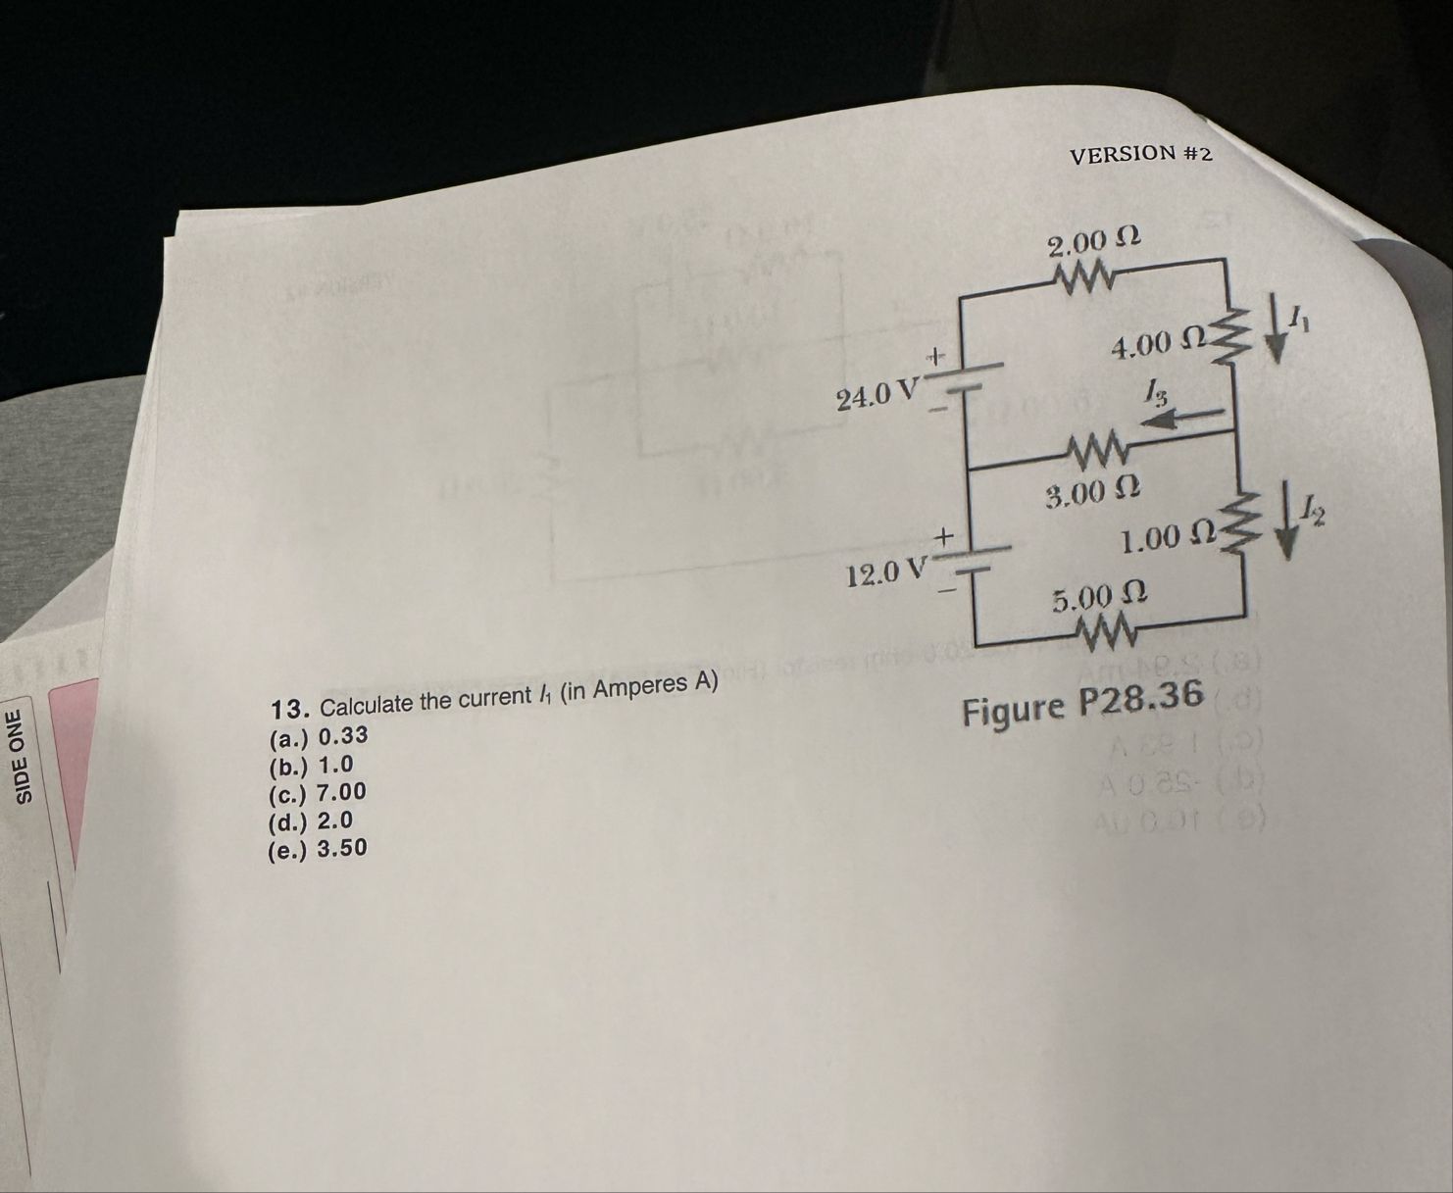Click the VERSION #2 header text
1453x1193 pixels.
point(1140,155)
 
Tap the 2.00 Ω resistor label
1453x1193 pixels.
point(1093,241)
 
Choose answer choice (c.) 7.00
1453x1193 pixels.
point(317,792)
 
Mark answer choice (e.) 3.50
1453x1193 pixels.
point(317,848)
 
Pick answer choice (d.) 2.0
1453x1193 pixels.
point(310,820)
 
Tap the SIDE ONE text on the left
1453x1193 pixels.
point(26,756)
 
